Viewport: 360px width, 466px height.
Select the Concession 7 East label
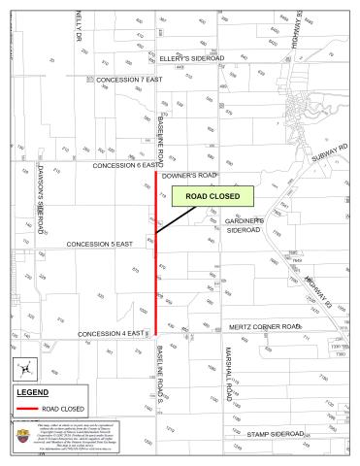click(x=129, y=79)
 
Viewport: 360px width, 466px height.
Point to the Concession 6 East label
click(x=122, y=166)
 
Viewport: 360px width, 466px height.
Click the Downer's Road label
click(x=190, y=175)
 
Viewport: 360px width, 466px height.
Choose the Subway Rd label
click(x=329, y=152)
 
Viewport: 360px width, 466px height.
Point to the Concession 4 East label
click(x=111, y=334)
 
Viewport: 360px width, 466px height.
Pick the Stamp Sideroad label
click(x=275, y=433)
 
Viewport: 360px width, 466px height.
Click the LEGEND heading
click(x=33, y=392)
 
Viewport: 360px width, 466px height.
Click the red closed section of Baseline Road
click(x=156, y=252)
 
